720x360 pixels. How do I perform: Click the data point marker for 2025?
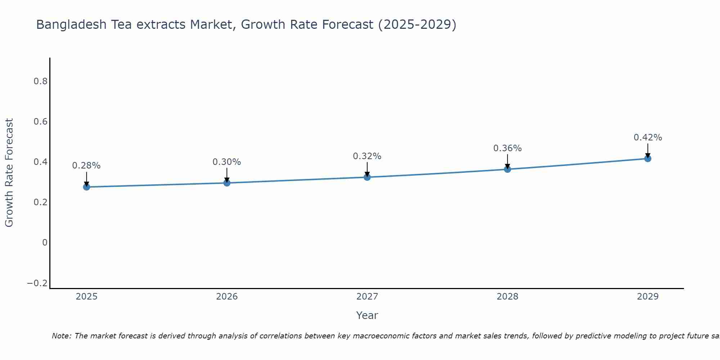[86, 187]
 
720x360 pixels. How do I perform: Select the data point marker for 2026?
[227, 183]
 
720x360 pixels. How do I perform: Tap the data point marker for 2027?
[367, 177]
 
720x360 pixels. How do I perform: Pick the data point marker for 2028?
[508, 169]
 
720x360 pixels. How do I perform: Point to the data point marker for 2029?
[648, 158]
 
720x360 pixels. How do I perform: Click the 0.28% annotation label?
[86, 166]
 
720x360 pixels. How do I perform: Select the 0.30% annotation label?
[227, 162]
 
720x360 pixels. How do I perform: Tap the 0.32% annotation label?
[367, 156]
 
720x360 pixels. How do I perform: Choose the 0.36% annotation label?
[508, 148]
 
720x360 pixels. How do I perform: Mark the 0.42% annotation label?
[648, 138]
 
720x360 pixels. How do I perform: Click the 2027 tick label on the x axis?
[367, 297]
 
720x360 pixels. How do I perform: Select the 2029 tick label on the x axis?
[648, 297]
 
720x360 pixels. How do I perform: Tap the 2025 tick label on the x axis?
[87, 297]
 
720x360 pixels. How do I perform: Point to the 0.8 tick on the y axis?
[41, 81]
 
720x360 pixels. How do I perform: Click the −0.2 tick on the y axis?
[37, 284]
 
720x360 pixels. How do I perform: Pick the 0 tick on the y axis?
[45, 243]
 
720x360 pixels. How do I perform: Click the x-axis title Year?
[367, 316]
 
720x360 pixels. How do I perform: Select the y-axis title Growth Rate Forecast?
[9, 173]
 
